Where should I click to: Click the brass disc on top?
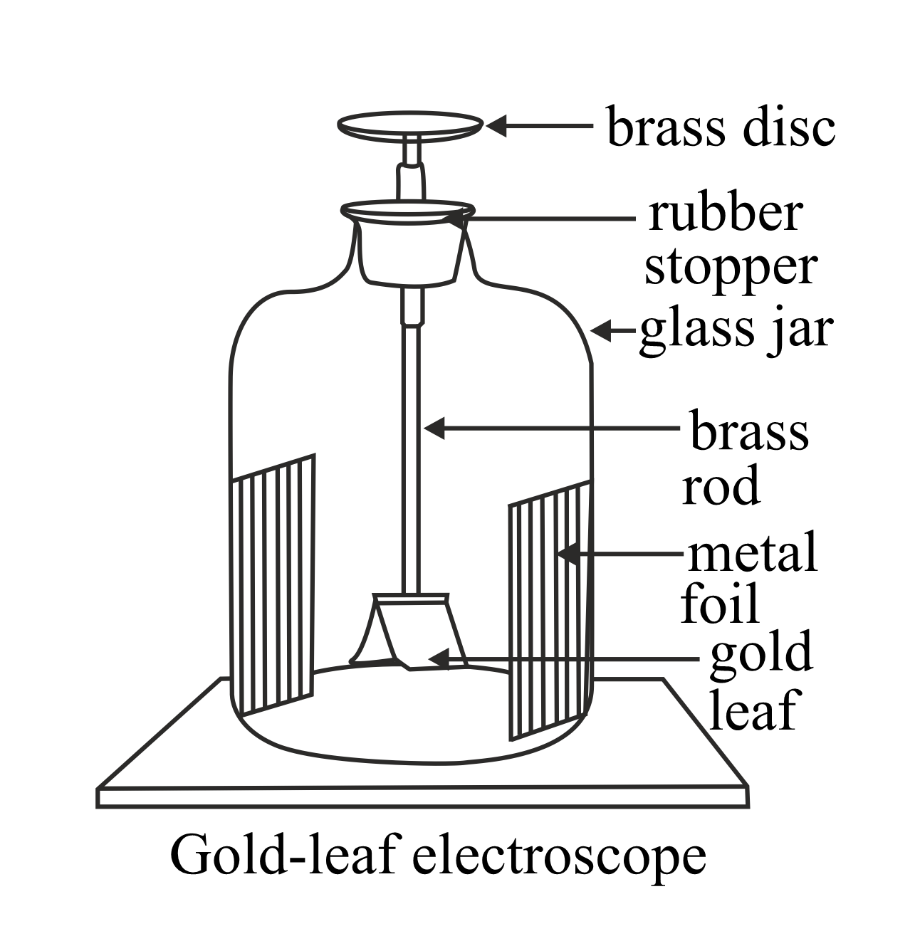409,125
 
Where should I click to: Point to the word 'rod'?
720,488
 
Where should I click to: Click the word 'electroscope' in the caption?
560,856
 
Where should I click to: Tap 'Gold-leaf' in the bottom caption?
283,856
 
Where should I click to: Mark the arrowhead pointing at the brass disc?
495,126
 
